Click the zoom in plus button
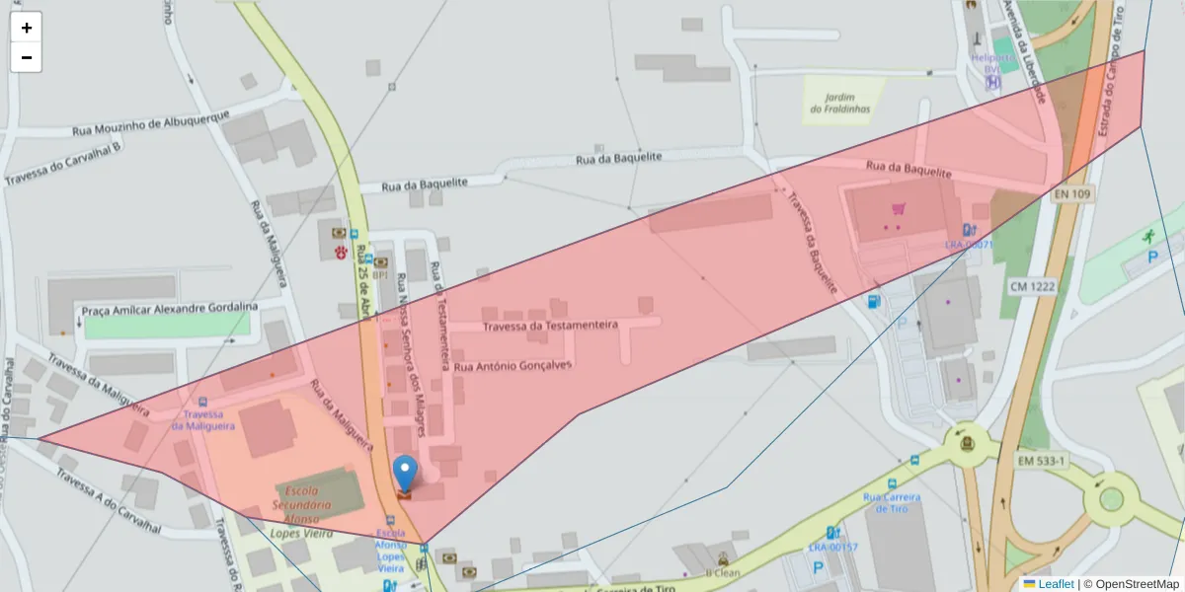(27, 28)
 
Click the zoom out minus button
(27, 57)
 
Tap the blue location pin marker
(405, 473)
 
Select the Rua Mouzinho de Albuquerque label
(151, 123)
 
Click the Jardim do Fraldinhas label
(840, 103)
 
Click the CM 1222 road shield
(1032, 285)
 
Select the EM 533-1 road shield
(1043, 461)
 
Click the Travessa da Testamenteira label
(550, 325)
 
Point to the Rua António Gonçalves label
(513, 365)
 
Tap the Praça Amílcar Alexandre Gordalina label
(169, 309)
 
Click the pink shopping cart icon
(899, 209)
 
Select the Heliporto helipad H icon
(993, 82)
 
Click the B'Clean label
(723, 571)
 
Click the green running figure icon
(1148, 236)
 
